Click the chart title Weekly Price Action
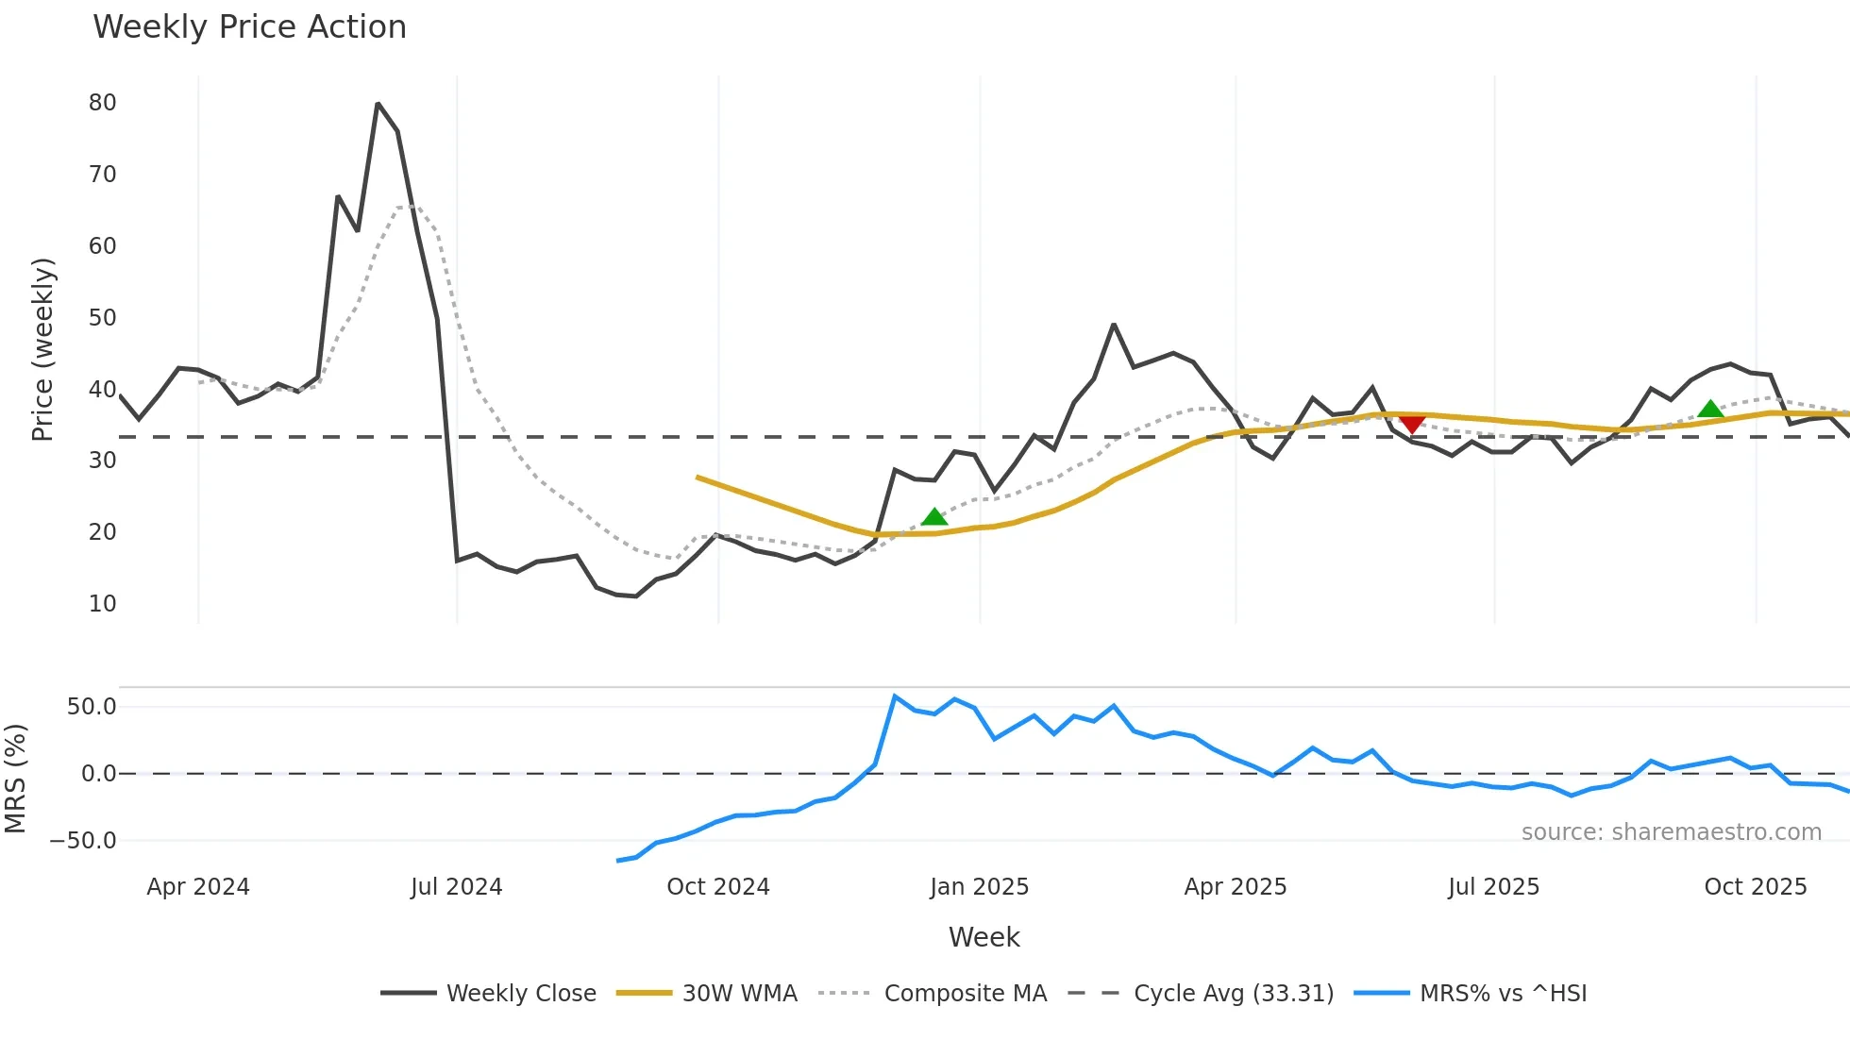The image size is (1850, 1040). [249, 27]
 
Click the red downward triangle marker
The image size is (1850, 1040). [1412, 425]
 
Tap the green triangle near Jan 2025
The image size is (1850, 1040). [933, 517]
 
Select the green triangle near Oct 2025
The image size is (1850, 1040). [1710, 410]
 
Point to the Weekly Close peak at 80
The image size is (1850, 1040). [378, 104]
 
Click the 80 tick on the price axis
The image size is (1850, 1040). [102, 103]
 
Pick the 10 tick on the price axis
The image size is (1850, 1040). [102, 604]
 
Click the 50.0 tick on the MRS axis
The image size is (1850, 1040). [92, 707]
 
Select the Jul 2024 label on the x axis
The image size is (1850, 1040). [456, 887]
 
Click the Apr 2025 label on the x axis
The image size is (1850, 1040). [1235, 887]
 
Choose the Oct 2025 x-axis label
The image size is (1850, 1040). [1755, 887]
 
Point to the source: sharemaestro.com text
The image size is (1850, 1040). [1671, 832]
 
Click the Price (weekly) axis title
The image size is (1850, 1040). [43, 349]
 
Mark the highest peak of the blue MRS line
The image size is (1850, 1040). [895, 696]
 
